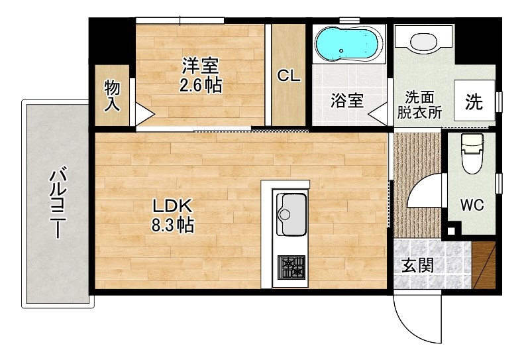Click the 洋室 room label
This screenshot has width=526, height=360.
point(201,65)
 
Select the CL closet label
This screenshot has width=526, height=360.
point(289,76)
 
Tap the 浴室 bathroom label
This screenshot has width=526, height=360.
point(346,101)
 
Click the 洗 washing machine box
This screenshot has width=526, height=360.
point(473,101)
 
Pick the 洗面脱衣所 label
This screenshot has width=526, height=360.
point(419,103)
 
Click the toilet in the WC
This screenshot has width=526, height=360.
point(472,154)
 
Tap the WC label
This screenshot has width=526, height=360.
point(472,205)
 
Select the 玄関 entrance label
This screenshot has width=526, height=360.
point(418,266)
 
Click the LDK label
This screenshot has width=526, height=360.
point(173,206)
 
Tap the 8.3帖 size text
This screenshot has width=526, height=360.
point(173,225)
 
